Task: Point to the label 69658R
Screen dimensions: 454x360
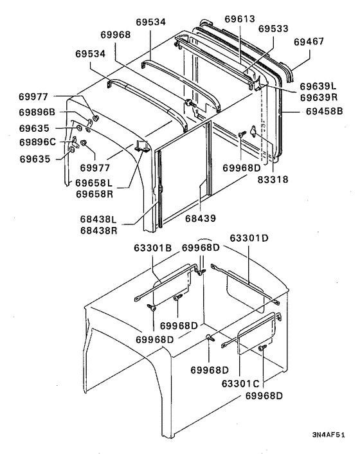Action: click(97, 194)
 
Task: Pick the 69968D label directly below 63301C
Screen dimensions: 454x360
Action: click(264, 395)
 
